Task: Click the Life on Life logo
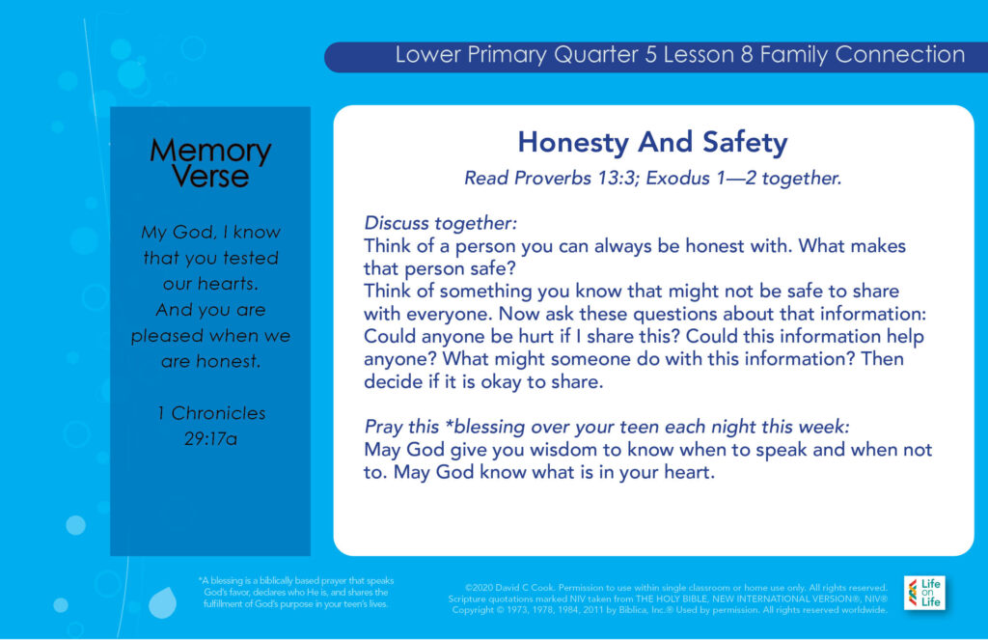click(x=924, y=593)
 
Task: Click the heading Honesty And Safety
click(x=653, y=143)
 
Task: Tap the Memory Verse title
click(x=210, y=163)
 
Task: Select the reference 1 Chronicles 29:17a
click(x=211, y=426)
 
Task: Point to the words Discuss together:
click(x=440, y=223)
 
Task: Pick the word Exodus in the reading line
click(x=678, y=179)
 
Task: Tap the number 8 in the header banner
click(x=747, y=55)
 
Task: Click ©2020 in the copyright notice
click(x=479, y=588)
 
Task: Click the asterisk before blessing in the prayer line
click(x=449, y=424)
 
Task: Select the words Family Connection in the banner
click(x=863, y=55)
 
